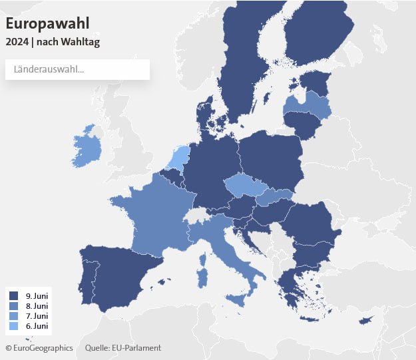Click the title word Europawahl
click(47, 23)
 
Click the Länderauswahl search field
click(77, 69)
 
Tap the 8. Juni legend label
click(37, 305)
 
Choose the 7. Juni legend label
click(37, 315)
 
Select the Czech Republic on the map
click(243, 185)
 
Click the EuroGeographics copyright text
click(40, 348)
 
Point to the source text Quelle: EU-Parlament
click(123, 348)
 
